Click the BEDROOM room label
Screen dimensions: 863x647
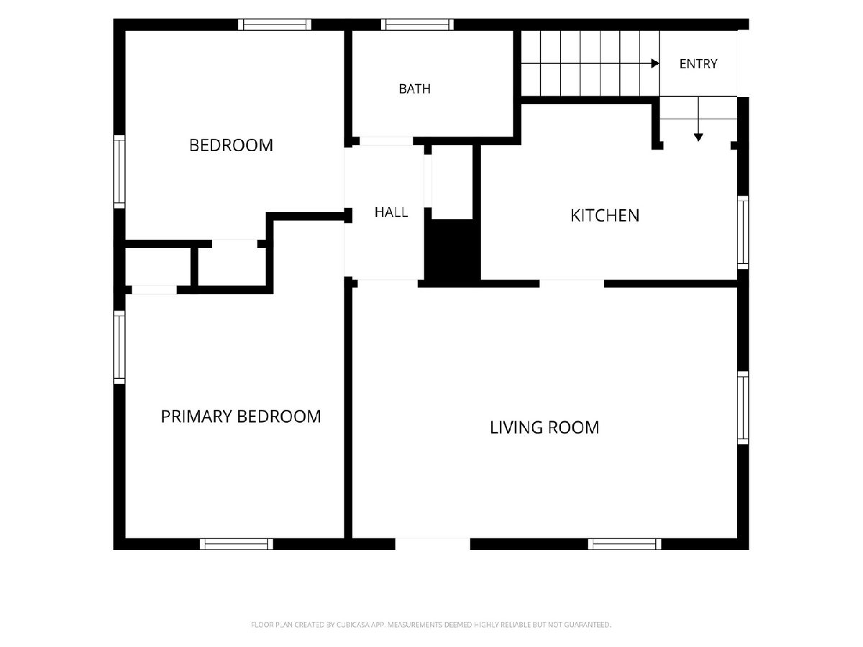pos(231,145)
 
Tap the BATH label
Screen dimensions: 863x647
pos(415,88)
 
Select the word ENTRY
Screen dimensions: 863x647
pos(698,64)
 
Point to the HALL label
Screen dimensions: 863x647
pos(391,212)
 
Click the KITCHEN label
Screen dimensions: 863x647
pos(605,216)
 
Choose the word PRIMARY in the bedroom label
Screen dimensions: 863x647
pos(196,416)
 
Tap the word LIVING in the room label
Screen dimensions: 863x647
pos(516,428)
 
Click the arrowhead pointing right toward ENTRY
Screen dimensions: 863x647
pos(655,63)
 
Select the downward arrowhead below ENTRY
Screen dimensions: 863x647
pos(698,137)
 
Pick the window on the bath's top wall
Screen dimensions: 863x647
pos(417,24)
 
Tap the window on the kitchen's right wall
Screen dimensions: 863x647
pos(743,232)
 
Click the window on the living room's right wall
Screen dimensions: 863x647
pos(743,408)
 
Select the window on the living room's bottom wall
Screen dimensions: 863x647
pos(625,544)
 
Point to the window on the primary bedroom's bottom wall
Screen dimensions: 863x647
pos(237,544)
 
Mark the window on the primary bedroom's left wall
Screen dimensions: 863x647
pos(119,347)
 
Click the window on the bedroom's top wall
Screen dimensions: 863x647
pos(275,24)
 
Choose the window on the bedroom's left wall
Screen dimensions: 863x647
pos(119,172)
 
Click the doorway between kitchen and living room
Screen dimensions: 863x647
pos(572,284)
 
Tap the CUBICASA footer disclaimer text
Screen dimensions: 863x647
pos(431,625)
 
